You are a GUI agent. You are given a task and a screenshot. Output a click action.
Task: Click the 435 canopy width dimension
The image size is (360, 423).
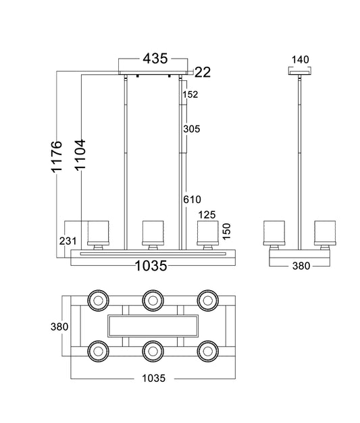point(155,58)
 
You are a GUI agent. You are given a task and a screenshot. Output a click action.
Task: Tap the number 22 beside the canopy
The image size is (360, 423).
point(202,72)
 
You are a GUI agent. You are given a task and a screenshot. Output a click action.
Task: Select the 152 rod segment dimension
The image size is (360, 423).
point(190,94)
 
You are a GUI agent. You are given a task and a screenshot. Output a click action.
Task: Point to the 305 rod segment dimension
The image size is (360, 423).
point(191,129)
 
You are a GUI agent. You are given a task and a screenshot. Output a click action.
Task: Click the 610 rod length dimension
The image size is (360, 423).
point(192,200)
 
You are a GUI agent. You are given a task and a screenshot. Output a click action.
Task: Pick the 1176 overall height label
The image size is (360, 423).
point(57,157)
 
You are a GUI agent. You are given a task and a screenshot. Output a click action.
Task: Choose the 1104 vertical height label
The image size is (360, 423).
point(80,155)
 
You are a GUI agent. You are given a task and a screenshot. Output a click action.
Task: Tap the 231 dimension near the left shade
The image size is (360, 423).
point(68,241)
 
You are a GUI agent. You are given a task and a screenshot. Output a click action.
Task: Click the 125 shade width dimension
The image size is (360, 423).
point(207,215)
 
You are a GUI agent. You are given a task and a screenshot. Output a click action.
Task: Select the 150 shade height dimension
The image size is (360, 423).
point(226,231)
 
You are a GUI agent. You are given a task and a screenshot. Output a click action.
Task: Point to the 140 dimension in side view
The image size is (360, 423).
point(300,59)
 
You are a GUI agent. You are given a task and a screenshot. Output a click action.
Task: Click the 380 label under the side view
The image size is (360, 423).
point(301,266)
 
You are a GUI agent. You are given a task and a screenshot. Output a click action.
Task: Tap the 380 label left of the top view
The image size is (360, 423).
point(59,327)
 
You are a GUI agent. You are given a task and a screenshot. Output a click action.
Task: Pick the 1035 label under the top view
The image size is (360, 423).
point(154,378)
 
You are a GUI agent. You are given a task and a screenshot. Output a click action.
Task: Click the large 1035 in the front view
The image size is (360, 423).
point(151,266)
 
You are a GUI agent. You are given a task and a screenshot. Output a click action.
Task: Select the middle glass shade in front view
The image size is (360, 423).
point(153,233)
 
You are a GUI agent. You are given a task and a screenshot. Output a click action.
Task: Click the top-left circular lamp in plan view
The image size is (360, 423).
point(99,300)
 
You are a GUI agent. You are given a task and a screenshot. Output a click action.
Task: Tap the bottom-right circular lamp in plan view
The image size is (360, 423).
point(207,351)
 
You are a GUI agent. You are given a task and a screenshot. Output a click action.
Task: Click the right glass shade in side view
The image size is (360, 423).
point(325,233)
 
